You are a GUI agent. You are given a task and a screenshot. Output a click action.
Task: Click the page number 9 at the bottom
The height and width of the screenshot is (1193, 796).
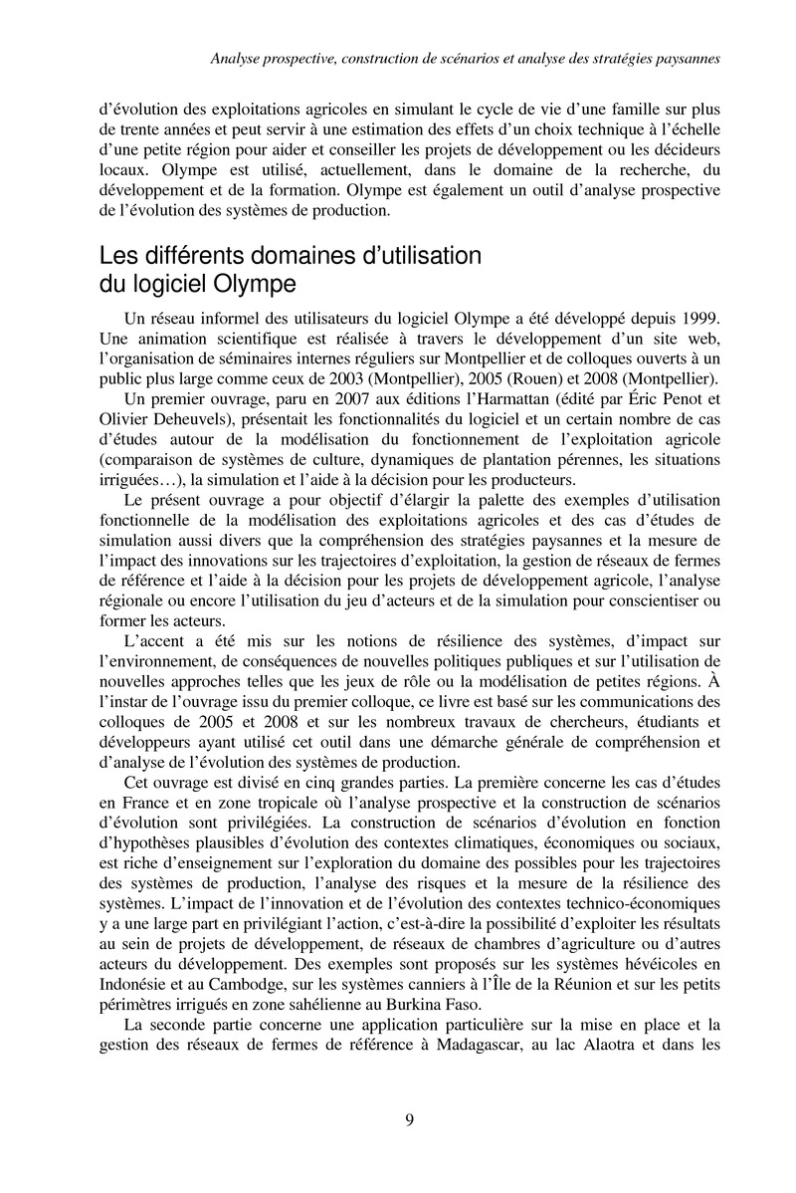click(x=410, y=1119)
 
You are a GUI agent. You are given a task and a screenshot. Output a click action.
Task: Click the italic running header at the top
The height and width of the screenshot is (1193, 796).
click(x=466, y=60)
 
